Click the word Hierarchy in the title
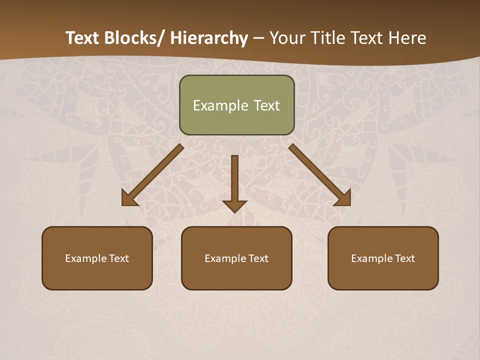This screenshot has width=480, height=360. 209,38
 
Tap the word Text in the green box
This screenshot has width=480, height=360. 266,105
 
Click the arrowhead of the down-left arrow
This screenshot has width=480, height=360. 129,198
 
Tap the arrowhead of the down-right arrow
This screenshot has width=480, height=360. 343,198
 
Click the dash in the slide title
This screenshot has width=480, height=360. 258,38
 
